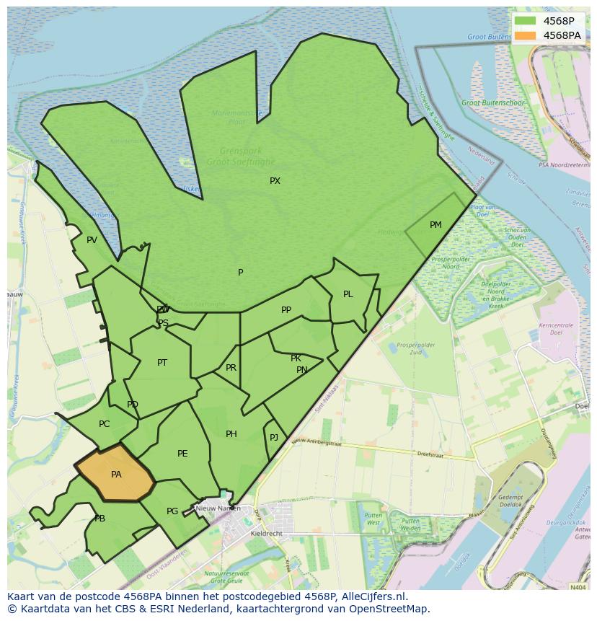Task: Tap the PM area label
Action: pos(435,225)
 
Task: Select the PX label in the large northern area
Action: pos(275,181)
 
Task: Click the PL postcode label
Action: pos(348,294)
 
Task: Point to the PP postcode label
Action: pos(286,310)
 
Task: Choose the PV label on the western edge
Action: pos(92,240)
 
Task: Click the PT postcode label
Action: pos(162,363)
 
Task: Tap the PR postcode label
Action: pos(231,368)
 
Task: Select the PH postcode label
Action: pos(231,434)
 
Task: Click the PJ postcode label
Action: pos(274,438)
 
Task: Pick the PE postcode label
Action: pos(182,454)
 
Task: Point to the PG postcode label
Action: pos(172,511)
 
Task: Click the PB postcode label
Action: pos(99,519)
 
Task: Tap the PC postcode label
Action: pos(105,424)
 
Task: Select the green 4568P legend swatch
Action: pos(526,21)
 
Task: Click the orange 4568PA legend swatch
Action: pos(526,35)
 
